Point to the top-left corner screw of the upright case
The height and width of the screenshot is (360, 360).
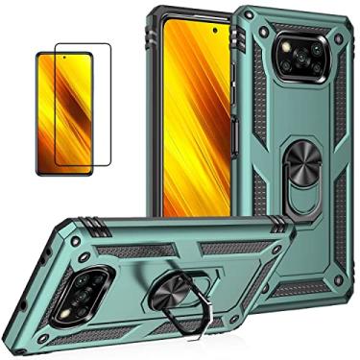click(263, 32)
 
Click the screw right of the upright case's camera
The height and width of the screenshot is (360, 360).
click(337, 58)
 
